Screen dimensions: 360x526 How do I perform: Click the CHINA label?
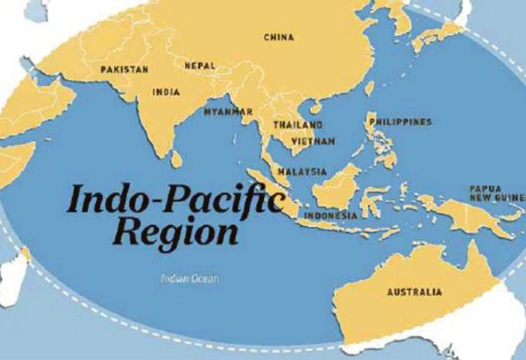pos(280,37)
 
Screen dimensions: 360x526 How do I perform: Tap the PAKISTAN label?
pos(124,68)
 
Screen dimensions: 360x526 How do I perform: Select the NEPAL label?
pos(199,65)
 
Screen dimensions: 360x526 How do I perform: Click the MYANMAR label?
pos(228,112)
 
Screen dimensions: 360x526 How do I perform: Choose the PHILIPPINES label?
pos(401,121)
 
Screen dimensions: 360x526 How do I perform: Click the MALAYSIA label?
pos(302,171)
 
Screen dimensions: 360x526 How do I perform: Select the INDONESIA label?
pos(331,215)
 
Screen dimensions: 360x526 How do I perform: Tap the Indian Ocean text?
pos(189,279)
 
